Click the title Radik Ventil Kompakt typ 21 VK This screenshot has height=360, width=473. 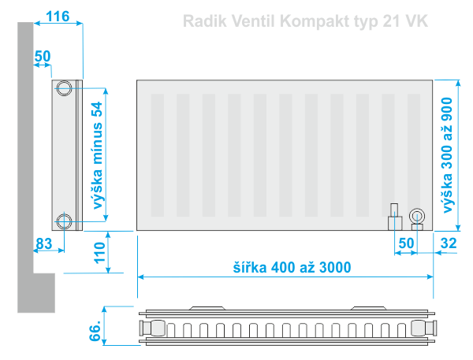(305, 21)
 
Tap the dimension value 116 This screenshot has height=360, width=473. (58, 17)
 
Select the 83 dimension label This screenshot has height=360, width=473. (44, 243)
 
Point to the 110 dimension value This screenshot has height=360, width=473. (100, 253)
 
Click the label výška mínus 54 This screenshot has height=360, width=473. (98, 155)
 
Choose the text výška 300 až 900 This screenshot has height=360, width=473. (447, 155)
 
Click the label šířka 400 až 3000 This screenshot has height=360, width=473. (292, 267)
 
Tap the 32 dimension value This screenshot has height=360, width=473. (449, 243)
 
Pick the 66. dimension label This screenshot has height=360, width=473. (95, 331)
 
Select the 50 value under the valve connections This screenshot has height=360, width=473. (406, 243)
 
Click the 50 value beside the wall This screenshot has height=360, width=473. (43, 56)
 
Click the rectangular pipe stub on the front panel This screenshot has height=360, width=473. (395, 217)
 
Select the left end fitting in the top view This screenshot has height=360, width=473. (152, 328)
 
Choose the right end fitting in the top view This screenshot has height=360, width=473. (424, 328)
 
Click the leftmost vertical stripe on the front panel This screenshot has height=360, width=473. (158, 155)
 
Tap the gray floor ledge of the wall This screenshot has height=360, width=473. (44, 293)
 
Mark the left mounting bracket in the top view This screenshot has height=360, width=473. (207, 308)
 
